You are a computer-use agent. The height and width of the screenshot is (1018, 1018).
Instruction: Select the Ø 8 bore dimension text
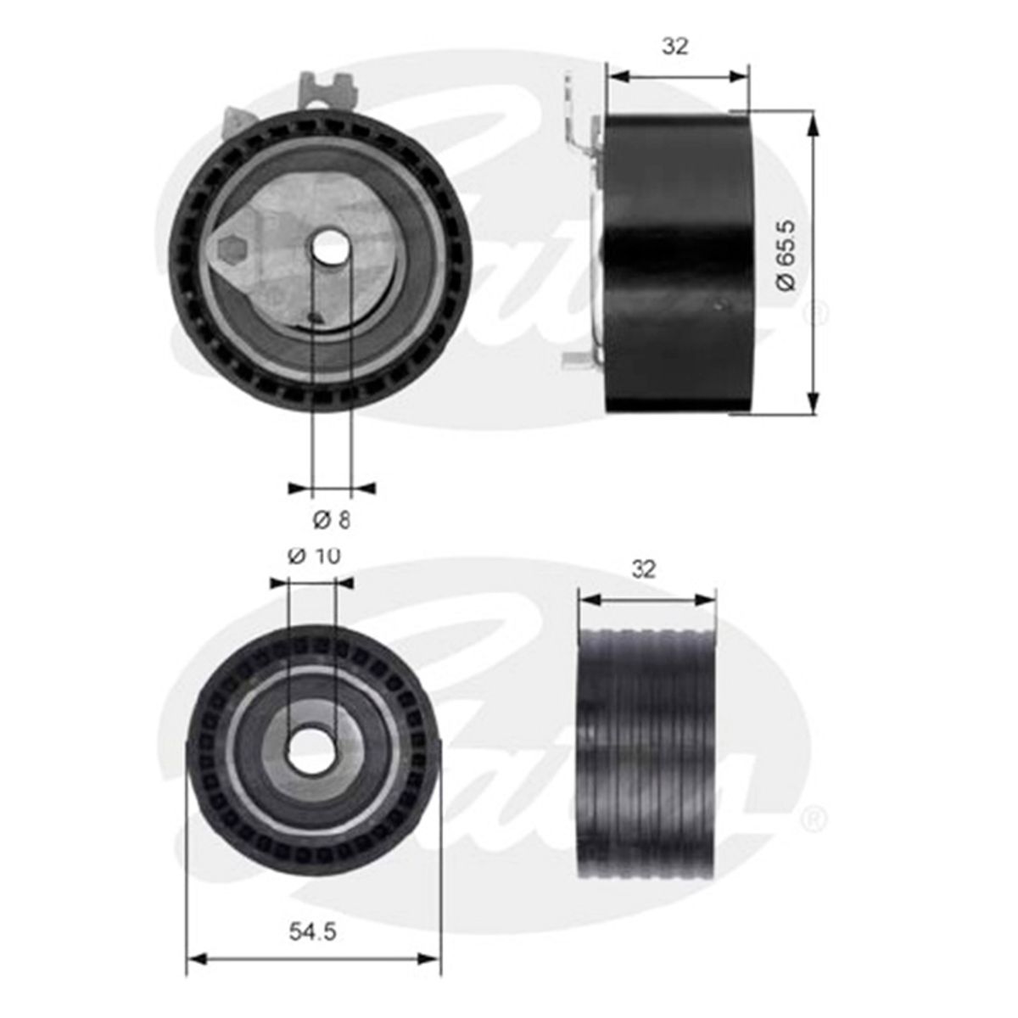click(331, 517)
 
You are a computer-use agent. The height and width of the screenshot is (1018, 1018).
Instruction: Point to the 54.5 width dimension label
click(313, 931)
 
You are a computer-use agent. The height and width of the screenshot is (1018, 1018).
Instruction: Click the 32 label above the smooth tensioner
click(675, 48)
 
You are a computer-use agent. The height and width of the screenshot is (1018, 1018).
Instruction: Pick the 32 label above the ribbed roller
click(645, 569)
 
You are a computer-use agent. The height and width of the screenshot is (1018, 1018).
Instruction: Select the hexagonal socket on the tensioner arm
click(231, 249)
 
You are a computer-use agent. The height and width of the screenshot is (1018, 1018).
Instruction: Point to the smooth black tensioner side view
click(679, 263)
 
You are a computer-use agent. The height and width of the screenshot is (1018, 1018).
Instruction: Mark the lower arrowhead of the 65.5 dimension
click(814, 404)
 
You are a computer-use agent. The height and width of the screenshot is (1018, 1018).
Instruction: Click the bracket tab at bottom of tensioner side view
click(578, 360)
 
